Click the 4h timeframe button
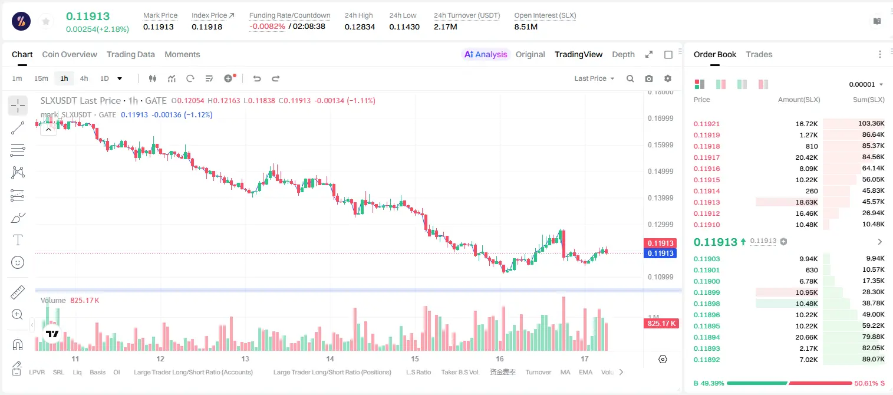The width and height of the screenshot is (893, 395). (84, 78)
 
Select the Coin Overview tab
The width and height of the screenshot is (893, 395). (70, 54)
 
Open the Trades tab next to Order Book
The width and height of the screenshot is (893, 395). (759, 54)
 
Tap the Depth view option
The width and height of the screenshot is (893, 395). (623, 54)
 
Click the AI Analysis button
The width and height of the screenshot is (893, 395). (486, 54)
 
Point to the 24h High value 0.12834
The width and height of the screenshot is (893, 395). (360, 27)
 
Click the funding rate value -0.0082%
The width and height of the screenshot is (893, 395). (267, 27)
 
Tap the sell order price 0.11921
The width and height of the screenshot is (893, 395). (706, 124)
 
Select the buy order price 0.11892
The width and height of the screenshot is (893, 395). (706, 360)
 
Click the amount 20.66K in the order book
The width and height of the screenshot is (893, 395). (806, 337)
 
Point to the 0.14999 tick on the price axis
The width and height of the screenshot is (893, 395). (660, 172)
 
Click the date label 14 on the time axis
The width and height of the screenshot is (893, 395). (329, 358)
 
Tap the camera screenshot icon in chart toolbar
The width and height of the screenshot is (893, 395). (649, 78)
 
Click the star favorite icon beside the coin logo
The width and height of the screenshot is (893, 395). (46, 21)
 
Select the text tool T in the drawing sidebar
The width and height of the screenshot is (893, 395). (18, 240)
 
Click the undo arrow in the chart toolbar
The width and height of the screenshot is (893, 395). (257, 78)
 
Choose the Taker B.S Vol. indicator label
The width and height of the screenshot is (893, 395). (460, 372)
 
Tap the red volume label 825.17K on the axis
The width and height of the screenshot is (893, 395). (661, 323)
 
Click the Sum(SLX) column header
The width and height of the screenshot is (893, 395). (868, 100)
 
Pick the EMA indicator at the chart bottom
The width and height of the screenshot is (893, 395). (585, 372)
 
